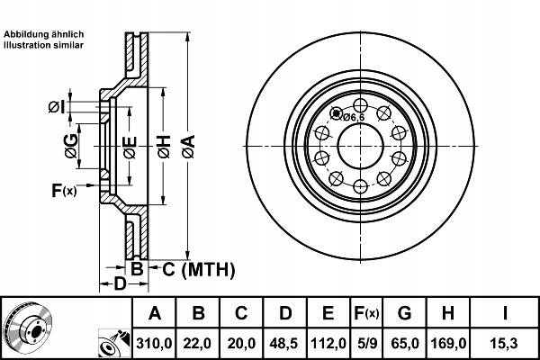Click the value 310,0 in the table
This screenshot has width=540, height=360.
click(154, 343)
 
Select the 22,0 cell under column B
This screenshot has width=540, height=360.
click(198, 343)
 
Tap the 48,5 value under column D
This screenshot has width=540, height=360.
click(284, 343)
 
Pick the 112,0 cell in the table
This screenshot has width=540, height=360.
click(328, 343)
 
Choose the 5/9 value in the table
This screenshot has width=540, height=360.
click(366, 343)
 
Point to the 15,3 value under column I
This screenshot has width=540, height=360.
click(506, 343)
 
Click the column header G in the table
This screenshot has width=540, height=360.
click(404, 314)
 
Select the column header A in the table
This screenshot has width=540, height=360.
click(154, 314)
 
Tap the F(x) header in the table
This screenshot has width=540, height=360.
click(366, 314)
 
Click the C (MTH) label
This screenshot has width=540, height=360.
click(197, 268)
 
